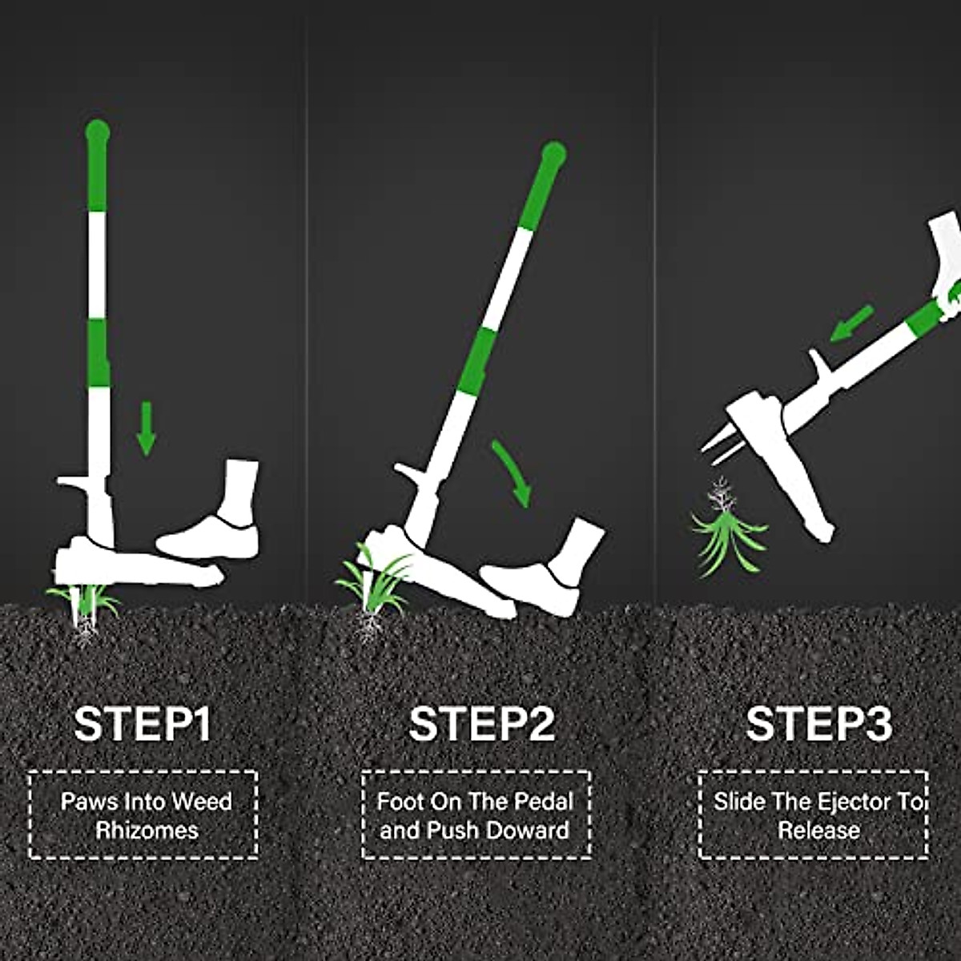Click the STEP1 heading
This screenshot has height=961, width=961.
(143, 723)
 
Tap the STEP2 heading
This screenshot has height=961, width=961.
(481, 723)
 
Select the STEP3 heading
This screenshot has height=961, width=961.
(818, 723)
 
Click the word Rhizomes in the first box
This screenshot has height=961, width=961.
(147, 830)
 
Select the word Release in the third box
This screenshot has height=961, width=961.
(818, 830)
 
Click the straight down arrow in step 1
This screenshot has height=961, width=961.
(145, 428)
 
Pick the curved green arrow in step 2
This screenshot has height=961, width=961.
(513, 472)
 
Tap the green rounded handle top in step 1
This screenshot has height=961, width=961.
(97, 132)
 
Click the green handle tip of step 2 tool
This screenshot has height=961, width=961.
(553, 154)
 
